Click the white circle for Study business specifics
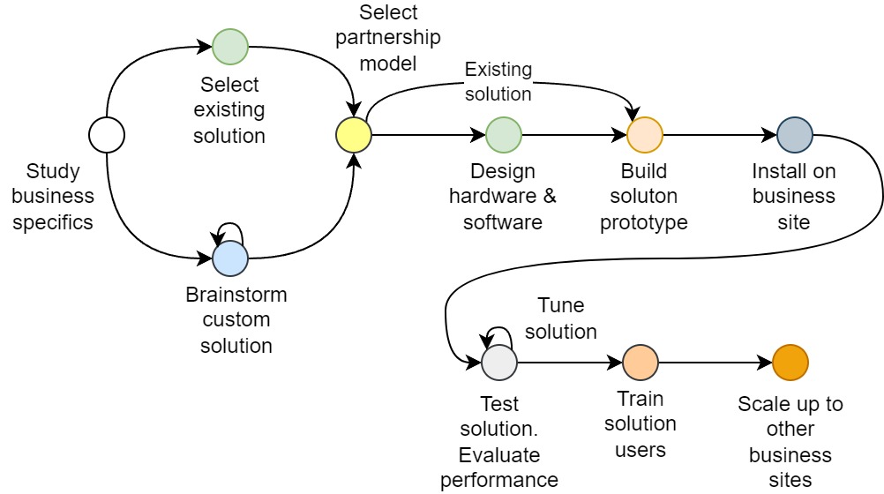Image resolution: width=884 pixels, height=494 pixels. tap(107, 135)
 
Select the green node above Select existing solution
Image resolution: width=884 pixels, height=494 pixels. tap(230, 47)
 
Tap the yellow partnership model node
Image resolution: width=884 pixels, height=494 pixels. tap(354, 135)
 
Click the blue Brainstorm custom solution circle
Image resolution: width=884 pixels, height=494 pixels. tap(230, 258)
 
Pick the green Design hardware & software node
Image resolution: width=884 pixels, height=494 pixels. tap(504, 135)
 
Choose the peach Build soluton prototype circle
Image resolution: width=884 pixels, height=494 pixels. tap(645, 135)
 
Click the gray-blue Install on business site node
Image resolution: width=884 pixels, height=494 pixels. tap(795, 135)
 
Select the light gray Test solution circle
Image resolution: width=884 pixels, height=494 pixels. tap(499, 363)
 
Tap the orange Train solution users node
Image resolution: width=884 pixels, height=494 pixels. tap(641, 363)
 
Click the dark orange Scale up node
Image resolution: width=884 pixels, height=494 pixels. tap(790, 363)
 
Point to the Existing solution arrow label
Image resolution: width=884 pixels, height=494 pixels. tap(498, 80)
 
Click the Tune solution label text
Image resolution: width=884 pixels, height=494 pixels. tap(561, 318)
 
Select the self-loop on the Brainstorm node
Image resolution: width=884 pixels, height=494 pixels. tap(230, 229)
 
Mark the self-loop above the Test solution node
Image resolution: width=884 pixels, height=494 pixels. tap(499, 333)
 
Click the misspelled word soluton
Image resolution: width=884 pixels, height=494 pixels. tap(644, 196)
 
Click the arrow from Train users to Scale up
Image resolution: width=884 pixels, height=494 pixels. tap(715, 363)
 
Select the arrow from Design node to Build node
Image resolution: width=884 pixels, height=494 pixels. tap(573, 135)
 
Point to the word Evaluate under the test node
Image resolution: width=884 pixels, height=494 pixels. tap(499, 455)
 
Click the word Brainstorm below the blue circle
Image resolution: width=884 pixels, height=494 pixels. tap(236, 295)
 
